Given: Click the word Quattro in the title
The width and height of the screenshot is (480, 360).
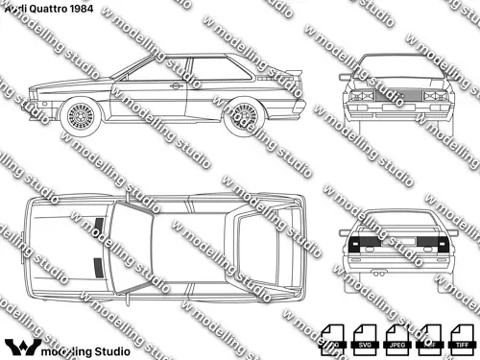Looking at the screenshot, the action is click(42, 8).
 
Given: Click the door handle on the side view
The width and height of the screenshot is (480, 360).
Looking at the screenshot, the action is click(177, 86).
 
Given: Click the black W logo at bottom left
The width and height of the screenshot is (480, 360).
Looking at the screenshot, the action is click(21, 347).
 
